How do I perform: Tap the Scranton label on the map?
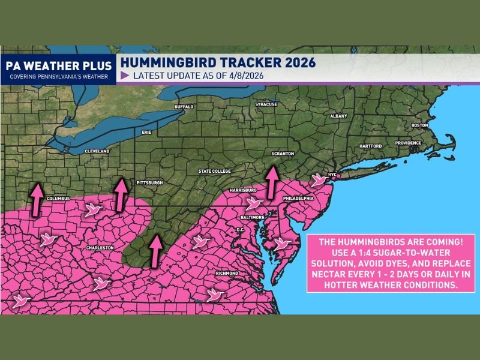(282, 154)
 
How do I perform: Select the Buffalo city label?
(184, 107)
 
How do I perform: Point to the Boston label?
(420, 125)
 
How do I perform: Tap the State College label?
(214, 172)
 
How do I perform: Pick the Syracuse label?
(266, 104)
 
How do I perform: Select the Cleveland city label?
(97, 151)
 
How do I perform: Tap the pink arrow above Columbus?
(37, 199)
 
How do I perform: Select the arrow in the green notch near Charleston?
(155, 251)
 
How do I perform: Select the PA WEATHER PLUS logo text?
(58, 65)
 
